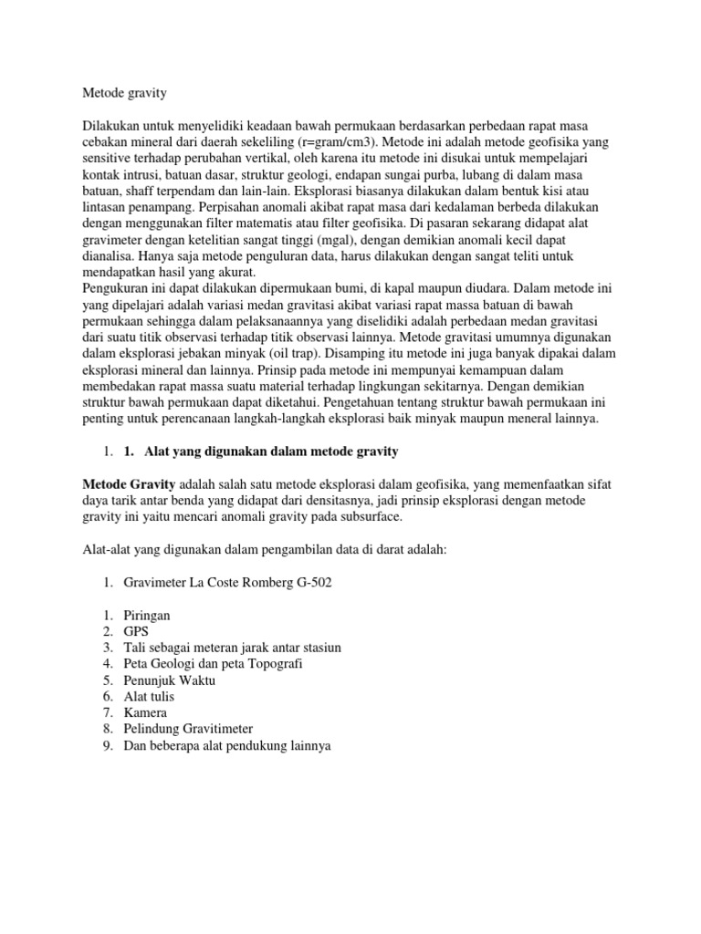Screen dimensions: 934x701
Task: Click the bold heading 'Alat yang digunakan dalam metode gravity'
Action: [272, 451]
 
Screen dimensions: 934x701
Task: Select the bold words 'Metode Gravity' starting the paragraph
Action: [128, 484]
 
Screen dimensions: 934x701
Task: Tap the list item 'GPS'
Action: [137, 631]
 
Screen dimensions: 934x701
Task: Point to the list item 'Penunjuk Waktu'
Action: [170, 680]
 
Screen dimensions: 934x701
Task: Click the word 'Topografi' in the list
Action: [275, 664]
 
